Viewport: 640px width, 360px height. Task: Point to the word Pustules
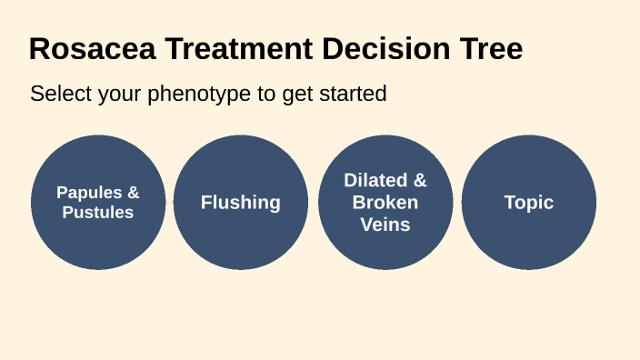click(x=98, y=213)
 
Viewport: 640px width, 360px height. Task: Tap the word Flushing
click(x=241, y=203)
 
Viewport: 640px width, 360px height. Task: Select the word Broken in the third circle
click(x=385, y=202)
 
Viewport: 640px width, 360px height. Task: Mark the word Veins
click(x=385, y=225)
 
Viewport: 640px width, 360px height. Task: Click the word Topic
click(x=529, y=203)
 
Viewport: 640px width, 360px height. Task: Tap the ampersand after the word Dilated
click(x=419, y=180)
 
